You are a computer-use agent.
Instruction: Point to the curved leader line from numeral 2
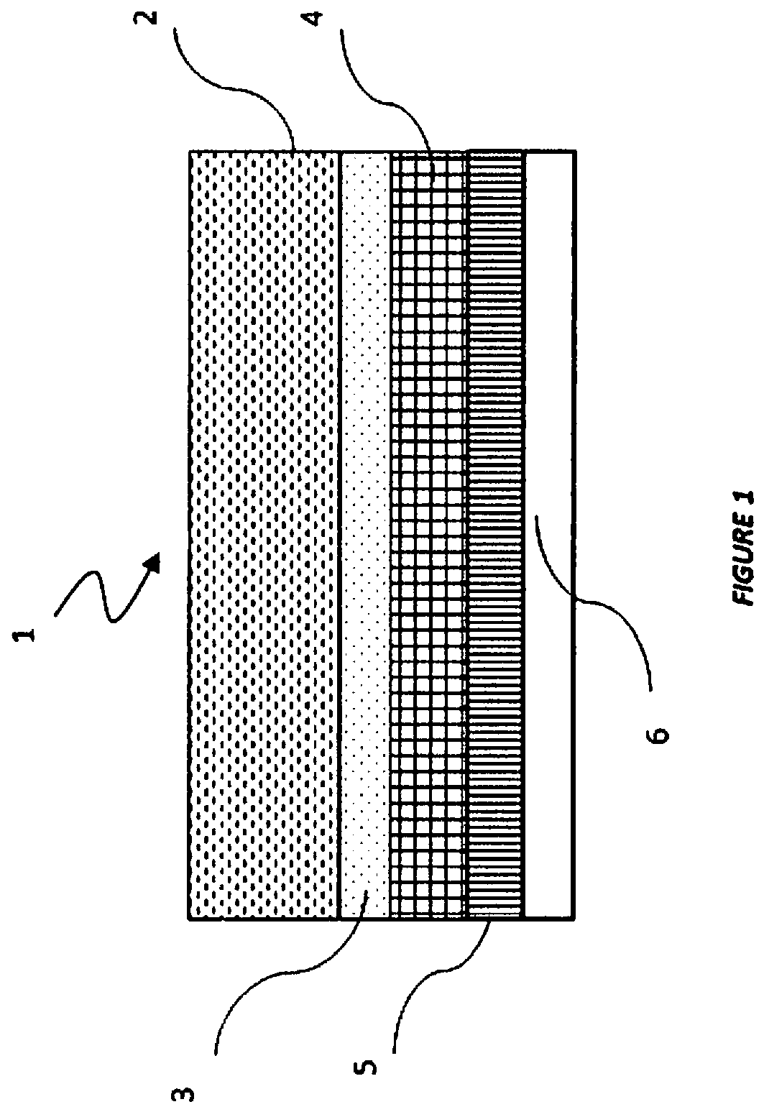[234, 89]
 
